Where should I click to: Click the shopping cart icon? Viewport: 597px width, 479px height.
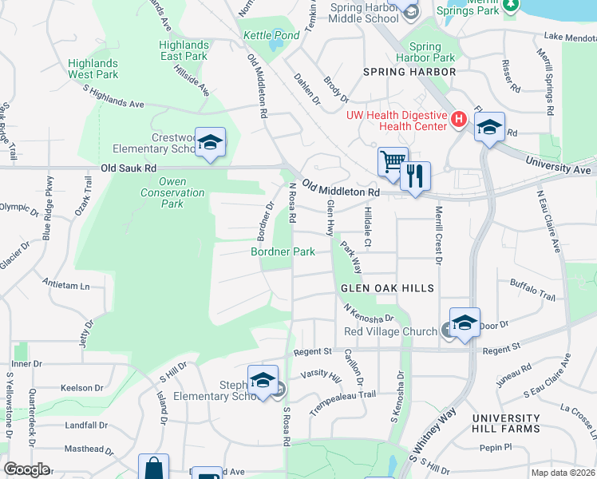pyautogui.click(x=393, y=160)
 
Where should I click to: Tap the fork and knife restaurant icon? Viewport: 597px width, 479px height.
pyautogui.click(x=414, y=175)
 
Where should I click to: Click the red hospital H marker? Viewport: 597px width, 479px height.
pyautogui.click(x=458, y=120)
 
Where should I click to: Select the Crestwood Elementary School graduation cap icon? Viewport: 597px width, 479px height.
pyautogui.click(x=210, y=142)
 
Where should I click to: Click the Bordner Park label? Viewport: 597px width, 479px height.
pyautogui.click(x=283, y=251)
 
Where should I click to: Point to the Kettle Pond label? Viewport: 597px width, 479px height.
pyautogui.click(x=271, y=36)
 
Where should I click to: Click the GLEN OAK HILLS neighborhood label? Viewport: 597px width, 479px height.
pyautogui.click(x=387, y=288)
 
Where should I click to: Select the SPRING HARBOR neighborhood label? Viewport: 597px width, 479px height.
pyautogui.click(x=409, y=72)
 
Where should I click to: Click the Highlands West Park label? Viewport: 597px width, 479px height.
pyautogui.click(x=93, y=69)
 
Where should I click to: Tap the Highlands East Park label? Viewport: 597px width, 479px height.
pyautogui.click(x=184, y=50)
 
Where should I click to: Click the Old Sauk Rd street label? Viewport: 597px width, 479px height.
pyautogui.click(x=128, y=168)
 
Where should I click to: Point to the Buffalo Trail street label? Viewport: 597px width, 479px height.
pyautogui.click(x=532, y=288)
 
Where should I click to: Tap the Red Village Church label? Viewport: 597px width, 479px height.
pyautogui.click(x=390, y=331)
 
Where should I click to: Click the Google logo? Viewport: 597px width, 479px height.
pyautogui.click(x=27, y=469)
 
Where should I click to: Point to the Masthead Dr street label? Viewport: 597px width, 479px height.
pyautogui.click(x=82, y=449)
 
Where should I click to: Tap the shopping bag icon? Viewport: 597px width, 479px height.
pyautogui.click(x=153, y=468)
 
